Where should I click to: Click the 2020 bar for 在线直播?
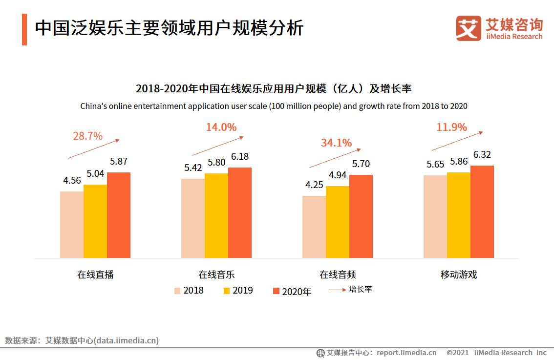(x=119, y=215)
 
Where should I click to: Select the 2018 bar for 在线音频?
(x=314, y=227)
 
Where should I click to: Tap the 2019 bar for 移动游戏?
(x=458, y=215)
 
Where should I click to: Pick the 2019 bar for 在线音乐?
(x=216, y=215)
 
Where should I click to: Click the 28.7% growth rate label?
(x=87, y=136)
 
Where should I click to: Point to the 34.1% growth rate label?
(x=336, y=143)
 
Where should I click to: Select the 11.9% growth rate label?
(x=451, y=127)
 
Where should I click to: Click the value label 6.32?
(x=482, y=155)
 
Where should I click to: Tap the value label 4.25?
(x=314, y=185)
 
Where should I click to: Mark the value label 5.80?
(x=216, y=163)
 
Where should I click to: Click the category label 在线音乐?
(x=216, y=275)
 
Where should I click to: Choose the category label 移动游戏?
(x=458, y=275)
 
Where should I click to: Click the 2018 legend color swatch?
(x=177, y=291)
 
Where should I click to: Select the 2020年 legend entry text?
(x=297, y=291)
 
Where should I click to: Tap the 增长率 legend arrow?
(x=337, y=290)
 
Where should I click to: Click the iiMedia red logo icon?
(x=469, y=28)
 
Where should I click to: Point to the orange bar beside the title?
(x=24, y=29)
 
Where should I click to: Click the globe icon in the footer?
(x=320, y=353)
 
